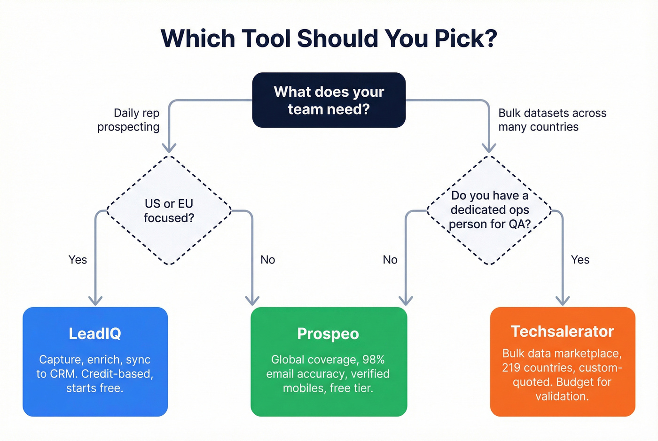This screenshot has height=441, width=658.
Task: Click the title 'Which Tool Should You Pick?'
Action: (x=329, y=39)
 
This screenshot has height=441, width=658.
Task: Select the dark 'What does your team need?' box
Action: (x=329, y=100)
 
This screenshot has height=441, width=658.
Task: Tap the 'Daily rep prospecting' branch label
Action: (x=128, y=120)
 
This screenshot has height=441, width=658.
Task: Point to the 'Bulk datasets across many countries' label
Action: (x=552, y=120)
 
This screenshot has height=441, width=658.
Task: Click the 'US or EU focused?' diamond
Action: (x=169, y=210)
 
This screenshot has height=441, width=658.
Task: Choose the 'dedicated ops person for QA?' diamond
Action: (x=489, y=210)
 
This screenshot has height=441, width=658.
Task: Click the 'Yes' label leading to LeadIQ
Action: (x=78, y=260)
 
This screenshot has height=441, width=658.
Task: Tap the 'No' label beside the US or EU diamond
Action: (x=267, y=260)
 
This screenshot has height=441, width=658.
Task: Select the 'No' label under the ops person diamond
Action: (x=390, y=260)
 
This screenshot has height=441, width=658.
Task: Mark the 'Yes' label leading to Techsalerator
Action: (x=580, y=260)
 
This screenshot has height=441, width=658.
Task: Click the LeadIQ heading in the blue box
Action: (x=95, y=333)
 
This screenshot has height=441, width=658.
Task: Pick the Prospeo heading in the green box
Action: (x=328, y=333)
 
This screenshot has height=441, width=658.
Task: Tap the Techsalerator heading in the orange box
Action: (x=562, y=332)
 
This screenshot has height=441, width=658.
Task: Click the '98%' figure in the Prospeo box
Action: (x=374, y=360)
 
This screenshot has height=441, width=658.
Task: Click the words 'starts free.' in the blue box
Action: (x=95, y=388)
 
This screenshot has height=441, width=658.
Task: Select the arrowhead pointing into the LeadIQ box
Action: (x=95, y=301)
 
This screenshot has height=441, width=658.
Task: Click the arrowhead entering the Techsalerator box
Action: (x=563, y=301)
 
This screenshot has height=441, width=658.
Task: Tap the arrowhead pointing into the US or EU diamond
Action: (x=169, y=148)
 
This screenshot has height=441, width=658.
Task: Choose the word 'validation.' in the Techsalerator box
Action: (x=562, y=396)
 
